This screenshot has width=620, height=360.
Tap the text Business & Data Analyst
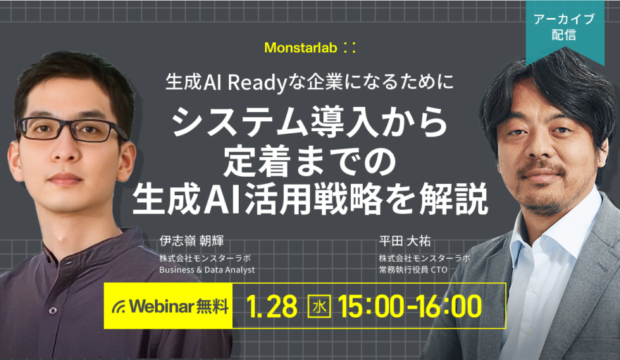pyautogui.click(x=206, y=270)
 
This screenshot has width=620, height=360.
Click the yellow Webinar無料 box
pyautogui.click(x=170, y=306)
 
